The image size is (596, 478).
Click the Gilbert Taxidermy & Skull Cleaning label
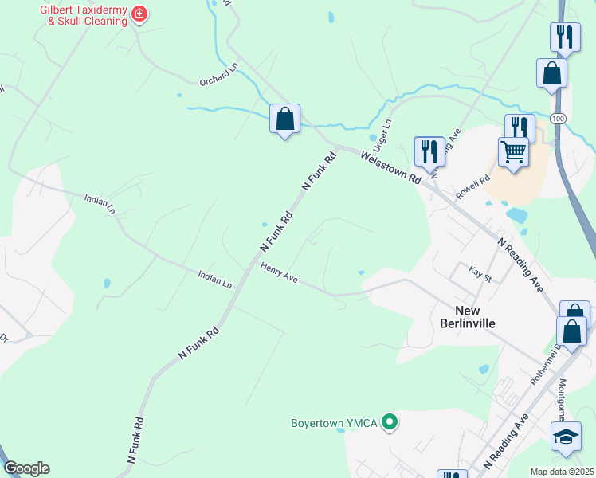(x=84, y=15)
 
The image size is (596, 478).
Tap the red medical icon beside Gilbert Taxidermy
(x=139, y=14)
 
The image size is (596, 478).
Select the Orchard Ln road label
(x=219, y=76)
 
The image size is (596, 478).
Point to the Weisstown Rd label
(x=390, y=168)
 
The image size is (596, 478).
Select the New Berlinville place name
(x=467, y=316)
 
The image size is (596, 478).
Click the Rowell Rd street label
(x=472, y=188)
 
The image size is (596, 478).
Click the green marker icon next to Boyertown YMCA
(x=390, y=421)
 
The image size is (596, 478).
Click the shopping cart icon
(x=514, y=151)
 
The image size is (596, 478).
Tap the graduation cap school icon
(x=566, y=437)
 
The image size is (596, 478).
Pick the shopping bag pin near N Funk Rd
(x=284, y=119)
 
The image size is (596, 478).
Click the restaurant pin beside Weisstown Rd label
(x=429, y=150)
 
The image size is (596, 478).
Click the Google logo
(x=26, y=468)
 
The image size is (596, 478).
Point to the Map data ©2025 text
(x=562, y=472)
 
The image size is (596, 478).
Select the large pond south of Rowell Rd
(x=516, y=215)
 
